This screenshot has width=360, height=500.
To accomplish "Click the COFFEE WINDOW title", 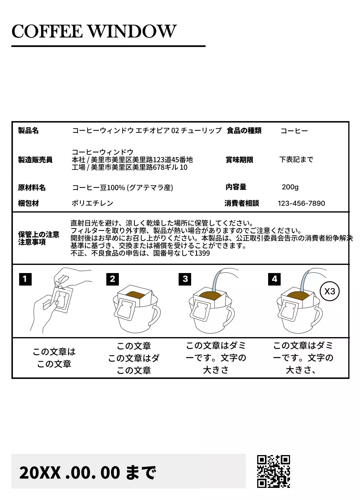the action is tap(94, 31).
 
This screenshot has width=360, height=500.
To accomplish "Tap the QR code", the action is tap(273, 471).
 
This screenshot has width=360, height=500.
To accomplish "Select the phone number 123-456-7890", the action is tap(301, 203).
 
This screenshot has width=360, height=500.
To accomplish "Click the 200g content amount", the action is tap(290, 187).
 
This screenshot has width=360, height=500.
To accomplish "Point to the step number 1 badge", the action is tap(25, 279).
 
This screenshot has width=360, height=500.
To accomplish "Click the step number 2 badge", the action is tap(113, 279).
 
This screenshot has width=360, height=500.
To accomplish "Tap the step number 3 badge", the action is tap(185, 279).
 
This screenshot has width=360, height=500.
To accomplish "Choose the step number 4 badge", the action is tap(274, 279).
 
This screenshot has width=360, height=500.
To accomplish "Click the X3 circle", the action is tap(330, 291).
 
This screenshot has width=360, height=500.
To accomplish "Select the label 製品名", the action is tap(29, 130).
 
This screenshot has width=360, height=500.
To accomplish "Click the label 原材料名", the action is tap(32, 187).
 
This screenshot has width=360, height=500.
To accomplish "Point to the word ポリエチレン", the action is tap(93, 203).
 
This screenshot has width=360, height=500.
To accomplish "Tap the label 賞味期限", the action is tap(239, 160).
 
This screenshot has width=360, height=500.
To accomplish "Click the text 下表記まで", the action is tap(296, 159).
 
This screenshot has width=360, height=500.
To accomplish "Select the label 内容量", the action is tap(236, 187).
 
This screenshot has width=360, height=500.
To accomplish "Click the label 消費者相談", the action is tap(242, 203).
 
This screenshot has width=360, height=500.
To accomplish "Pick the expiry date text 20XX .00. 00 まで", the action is tap(88, 473).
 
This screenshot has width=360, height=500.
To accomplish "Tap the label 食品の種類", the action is tap(244, 130).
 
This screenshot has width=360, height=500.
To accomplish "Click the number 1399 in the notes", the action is tap(202, 253).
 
